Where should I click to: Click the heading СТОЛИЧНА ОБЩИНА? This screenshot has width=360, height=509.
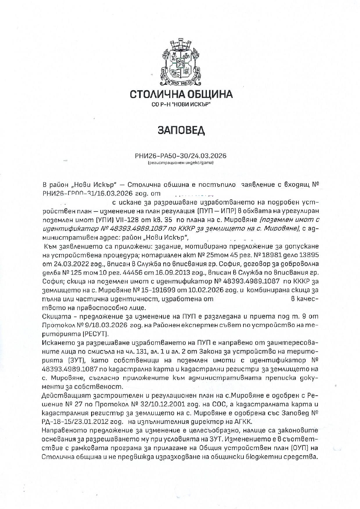pos(181,94)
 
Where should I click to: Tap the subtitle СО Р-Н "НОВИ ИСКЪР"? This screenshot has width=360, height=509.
pos(181,104)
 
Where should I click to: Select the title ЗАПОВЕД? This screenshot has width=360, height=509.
pos(181,130)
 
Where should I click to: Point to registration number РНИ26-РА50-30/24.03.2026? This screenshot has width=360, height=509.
pos(181,156)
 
